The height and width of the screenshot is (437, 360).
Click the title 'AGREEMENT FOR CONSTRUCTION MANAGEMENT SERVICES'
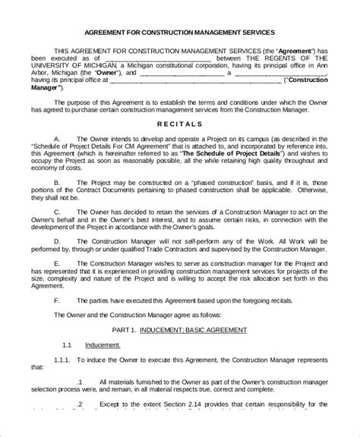(179, 33)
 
